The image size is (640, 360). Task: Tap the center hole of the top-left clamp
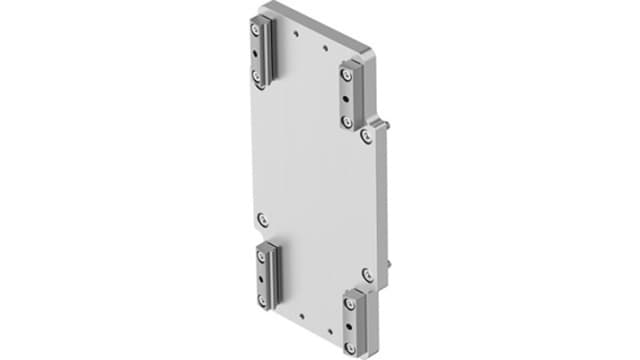click(x=260, y=51)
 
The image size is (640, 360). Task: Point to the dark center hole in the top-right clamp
click(x=347, y=99)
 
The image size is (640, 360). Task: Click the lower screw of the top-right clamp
click(x=347, y=120)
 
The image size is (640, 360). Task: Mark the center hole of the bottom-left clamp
click(x=263, y=276)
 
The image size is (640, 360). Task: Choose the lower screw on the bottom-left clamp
click(x=263, y=297)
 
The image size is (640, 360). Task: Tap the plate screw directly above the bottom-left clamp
click(x=262, y=217)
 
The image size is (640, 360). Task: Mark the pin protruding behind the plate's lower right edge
click(x=388, y=267)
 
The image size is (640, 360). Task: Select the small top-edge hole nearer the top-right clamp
click(x=326, y=46)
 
